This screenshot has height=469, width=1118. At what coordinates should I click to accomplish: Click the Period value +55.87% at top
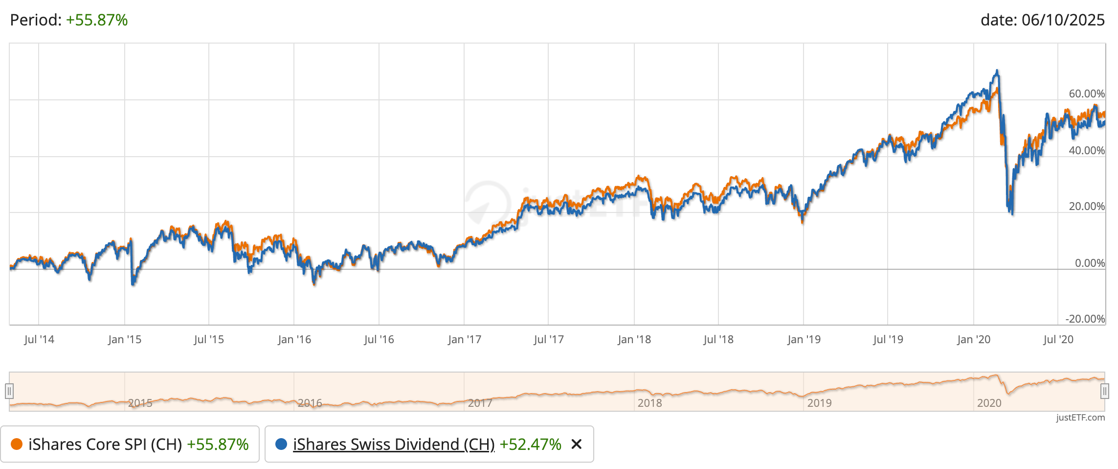pos(97,20)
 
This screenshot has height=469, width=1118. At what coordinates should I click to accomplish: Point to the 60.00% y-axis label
pos(1086,94)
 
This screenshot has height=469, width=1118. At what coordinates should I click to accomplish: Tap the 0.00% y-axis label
pos(1089,263)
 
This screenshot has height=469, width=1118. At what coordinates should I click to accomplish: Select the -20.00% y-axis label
pos(1085,319)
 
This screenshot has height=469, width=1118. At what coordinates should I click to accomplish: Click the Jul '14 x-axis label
pos(39,339)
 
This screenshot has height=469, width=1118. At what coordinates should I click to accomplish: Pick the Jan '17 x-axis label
pos(464,339)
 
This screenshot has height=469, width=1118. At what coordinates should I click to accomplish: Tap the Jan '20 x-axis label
pos(973,339)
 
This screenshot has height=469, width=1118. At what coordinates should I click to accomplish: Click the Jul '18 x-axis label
pos(718,339)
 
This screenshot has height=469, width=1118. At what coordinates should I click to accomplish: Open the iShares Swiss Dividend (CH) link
pos(394,444)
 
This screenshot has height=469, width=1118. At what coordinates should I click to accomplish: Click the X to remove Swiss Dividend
pos(577,444)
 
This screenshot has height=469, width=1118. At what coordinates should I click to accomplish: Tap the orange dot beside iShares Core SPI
pos(17,444)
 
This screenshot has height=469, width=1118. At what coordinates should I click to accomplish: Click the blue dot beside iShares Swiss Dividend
pos(281,444)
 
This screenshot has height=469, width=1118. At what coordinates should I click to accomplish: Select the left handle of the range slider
pos(9,391)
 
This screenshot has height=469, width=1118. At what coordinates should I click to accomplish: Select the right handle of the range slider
pos(1104,391)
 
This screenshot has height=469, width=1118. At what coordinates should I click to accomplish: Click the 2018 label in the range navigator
pos(649,403)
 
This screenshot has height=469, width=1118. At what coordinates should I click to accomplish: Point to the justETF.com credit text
pos(1080,418)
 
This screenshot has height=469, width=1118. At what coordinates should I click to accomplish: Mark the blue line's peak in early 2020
pos(997,70)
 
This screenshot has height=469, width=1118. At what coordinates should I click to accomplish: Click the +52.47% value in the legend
pos(530,444)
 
